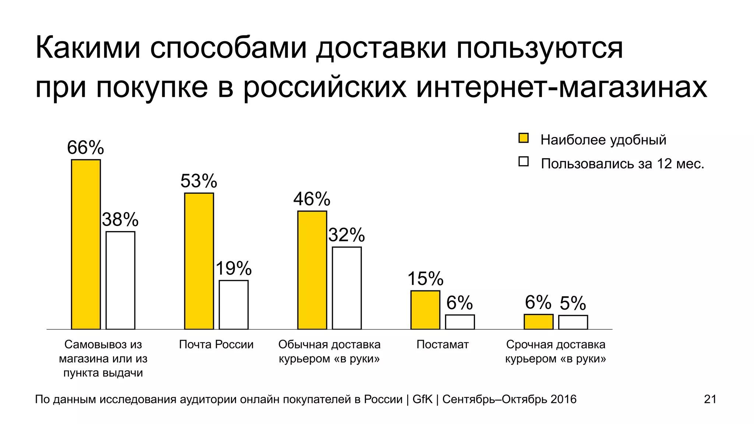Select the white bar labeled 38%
click(120, 280)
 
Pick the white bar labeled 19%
click(233, 304)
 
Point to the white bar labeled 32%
click(347, 288)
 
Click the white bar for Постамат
click(460, 322)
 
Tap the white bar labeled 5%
click(573, 322)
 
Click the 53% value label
click(199, 181)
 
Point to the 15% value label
click(425, 279)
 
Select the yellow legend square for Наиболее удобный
click(523, 138)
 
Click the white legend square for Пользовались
click(523, 162)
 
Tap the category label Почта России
click(216, 344)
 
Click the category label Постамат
click(443, 344)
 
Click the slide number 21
click(710, 399)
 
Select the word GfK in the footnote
click(422, 399)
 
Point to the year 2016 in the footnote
click(563, 399)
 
